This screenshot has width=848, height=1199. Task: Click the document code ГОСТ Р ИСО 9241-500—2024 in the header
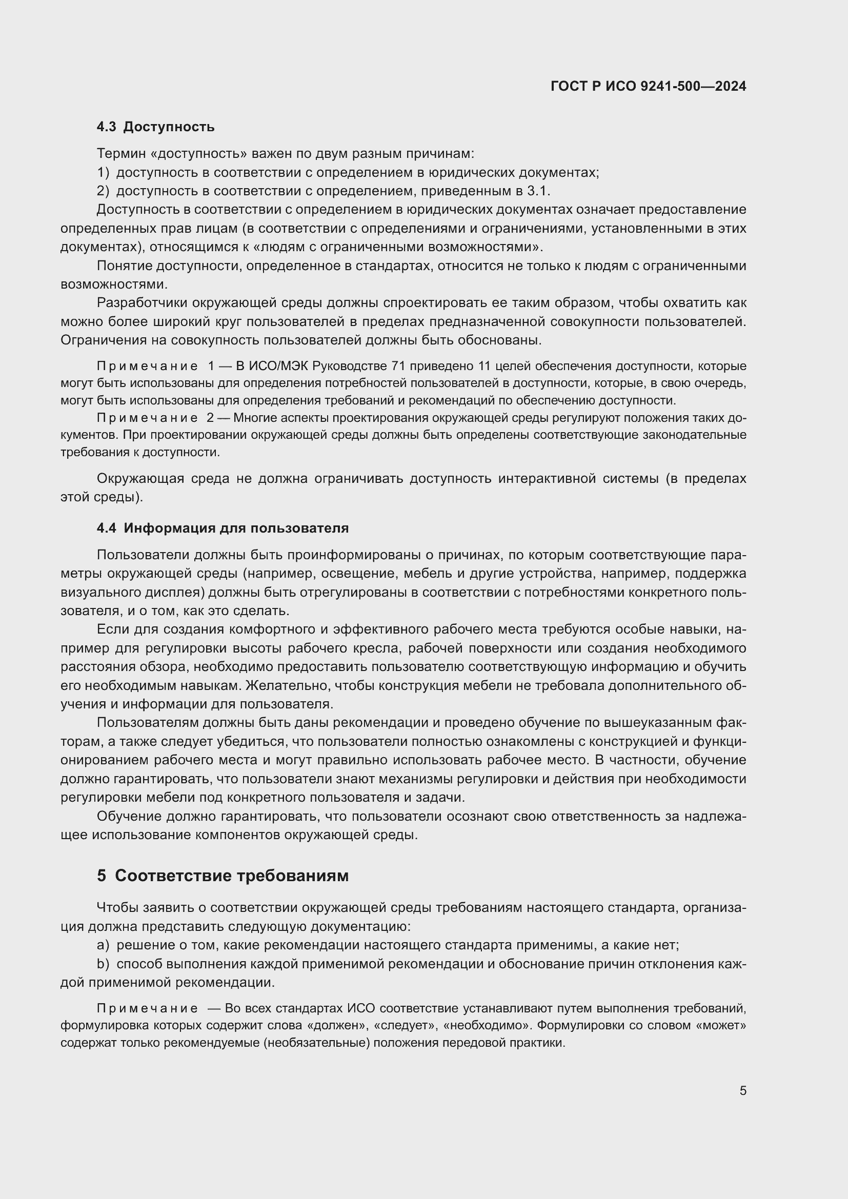click(x=648, y=87)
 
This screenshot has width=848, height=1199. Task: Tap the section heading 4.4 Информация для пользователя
click(x=223, y=528)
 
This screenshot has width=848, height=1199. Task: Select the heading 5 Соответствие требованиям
click(x=223, y=875)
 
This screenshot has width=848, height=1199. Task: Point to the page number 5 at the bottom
click(x=742, y=1090)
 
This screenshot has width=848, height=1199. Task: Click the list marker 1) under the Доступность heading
click(x=103, y=173)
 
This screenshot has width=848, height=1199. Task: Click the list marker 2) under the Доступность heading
click(x=103, y=191)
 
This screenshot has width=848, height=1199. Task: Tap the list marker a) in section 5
click(x=103, y=945)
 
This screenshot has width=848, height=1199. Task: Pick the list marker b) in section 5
click(x=103, y=964)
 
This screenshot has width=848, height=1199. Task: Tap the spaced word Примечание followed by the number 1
click(x=147, y=366)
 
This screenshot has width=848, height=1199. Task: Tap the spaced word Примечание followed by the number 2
click(x=147, y=418)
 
